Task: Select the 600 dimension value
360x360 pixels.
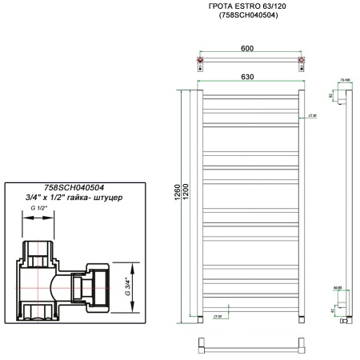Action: pos(247,48)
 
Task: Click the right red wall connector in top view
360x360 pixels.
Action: pos(301,60)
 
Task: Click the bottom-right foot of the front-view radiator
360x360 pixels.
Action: pos(302,318)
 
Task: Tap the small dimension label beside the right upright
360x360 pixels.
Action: pos(312,116)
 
